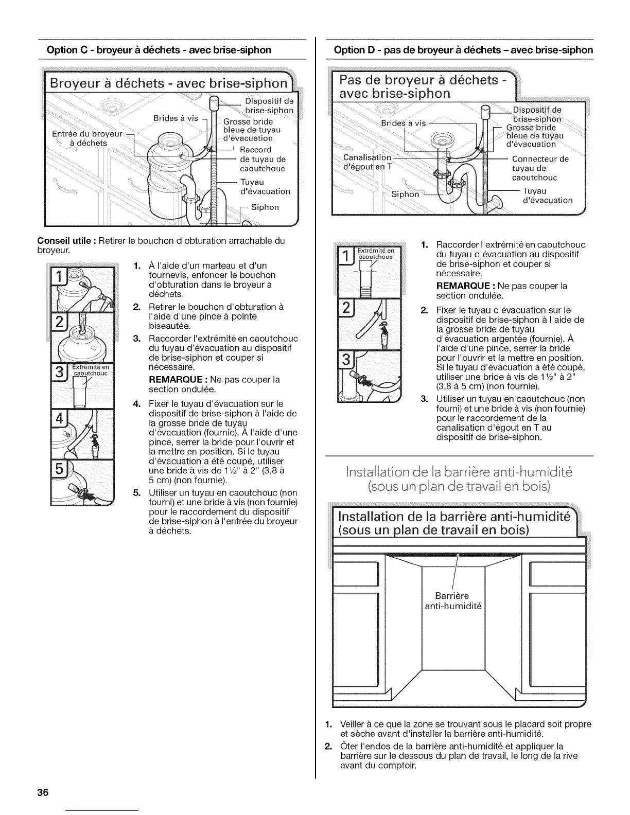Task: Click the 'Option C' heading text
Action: [x=159, y=50]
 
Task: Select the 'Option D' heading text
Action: [x=463, y=50]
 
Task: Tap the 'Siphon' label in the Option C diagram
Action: [x=265, y=207]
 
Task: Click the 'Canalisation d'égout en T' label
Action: [x=367, y=162]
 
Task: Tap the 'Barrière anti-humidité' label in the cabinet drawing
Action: [x=452, y=601]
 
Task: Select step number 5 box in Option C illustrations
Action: [x=60, y=471]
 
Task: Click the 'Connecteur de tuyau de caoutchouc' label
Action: [x=540, y=168]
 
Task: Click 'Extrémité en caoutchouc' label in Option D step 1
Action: [x=376, y=253]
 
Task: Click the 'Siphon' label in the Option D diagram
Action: [x=406, y=194]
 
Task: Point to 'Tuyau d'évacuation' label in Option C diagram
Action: [x=265, y=186]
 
